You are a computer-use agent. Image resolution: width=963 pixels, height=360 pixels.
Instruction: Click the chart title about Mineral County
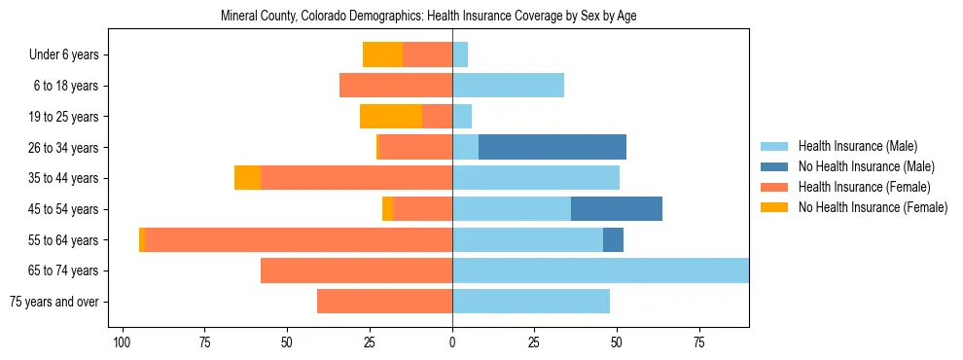click(x=428, y=17)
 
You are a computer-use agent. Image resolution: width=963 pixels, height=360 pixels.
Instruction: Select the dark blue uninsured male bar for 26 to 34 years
click(x=553, y=147)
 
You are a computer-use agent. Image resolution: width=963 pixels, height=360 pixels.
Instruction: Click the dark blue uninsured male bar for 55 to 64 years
click(x=614, y=239)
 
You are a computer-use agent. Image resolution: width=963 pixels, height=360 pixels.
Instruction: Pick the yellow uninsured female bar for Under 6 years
click(x=383, y=54)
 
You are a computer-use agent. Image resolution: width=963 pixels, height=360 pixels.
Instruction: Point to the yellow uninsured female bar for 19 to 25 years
click(x=391, y=117)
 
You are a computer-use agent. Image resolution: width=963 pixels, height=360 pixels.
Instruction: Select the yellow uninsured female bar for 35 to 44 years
click(x=247, y=178)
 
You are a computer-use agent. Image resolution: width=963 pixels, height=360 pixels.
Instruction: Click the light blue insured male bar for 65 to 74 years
click(x=600, y=270)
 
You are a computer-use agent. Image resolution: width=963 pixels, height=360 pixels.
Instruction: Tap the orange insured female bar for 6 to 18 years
click(x=396, y=86)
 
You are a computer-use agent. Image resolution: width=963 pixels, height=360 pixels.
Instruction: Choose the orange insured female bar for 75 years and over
click(x=384, y=302)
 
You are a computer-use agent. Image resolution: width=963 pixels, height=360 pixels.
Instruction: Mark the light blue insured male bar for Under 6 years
click(x=460, y=54)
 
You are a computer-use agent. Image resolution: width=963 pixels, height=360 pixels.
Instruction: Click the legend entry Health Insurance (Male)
click(x=857, y=146)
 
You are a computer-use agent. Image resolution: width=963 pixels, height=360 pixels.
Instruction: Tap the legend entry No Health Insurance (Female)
click(x=873, y=207)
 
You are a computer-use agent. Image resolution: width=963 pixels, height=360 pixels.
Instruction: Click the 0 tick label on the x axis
click(x=452, y=342)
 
